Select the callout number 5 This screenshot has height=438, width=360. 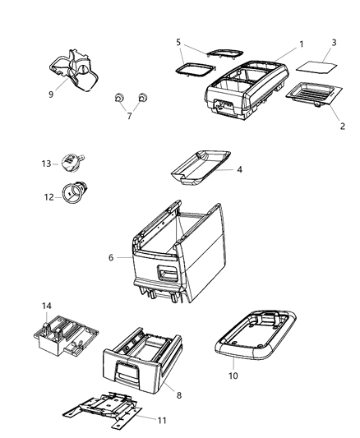pos(178,41)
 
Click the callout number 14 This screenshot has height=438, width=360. pos(46,306)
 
